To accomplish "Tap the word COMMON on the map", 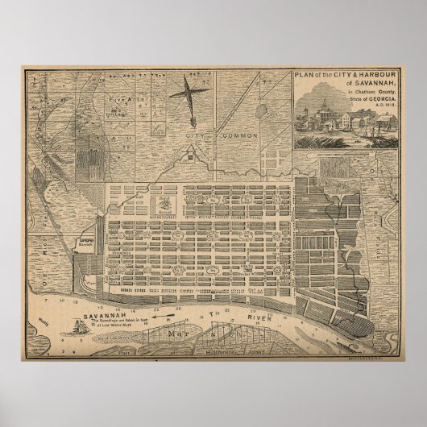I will [238, 136].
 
